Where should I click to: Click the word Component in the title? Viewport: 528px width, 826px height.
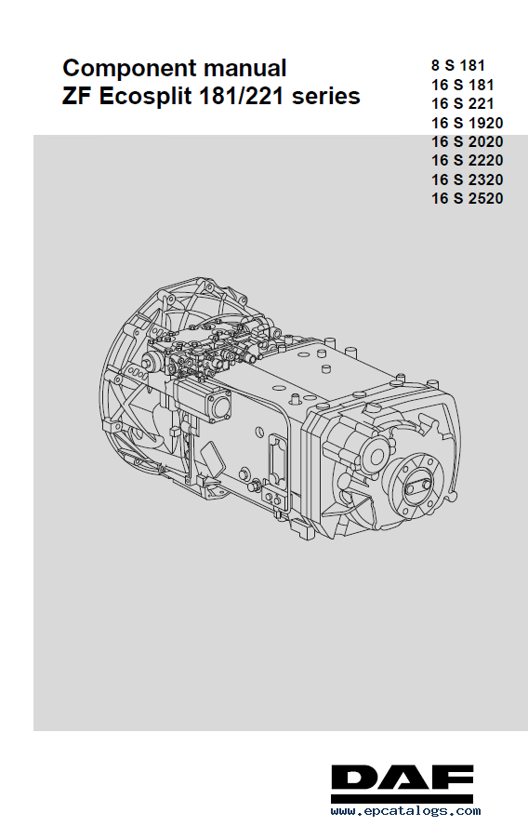[129, 70]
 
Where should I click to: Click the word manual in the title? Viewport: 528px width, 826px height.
[244, 68]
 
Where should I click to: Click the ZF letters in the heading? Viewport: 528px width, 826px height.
[76, 97]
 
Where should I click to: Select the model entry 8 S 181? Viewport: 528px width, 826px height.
[458, 65]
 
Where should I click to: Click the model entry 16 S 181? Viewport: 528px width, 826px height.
[463, 85]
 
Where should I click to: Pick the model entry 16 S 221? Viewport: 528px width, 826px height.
[463, 103]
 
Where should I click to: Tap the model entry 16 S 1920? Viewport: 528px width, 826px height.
[468, 123]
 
